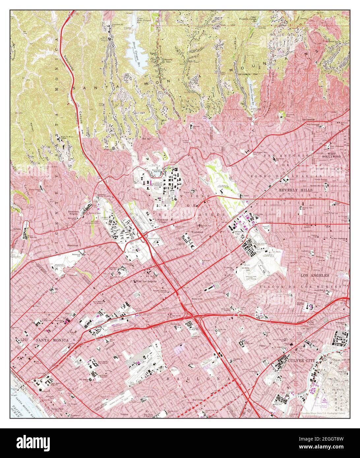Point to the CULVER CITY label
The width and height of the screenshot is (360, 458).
301,361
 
